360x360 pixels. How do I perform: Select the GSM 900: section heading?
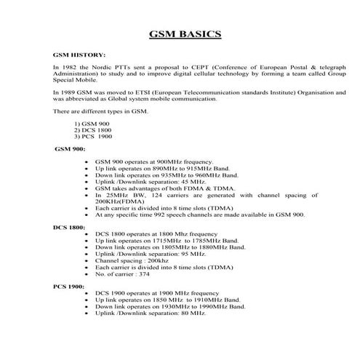pos(69,148)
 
